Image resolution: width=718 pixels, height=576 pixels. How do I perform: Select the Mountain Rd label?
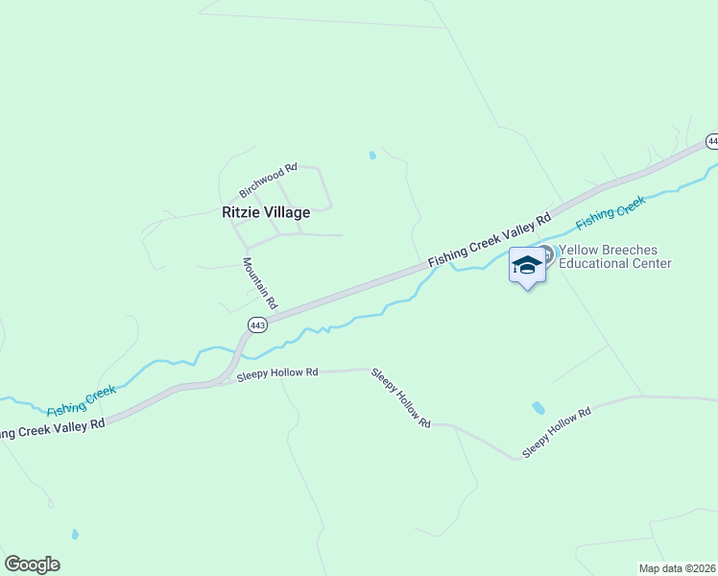tap(259, 282)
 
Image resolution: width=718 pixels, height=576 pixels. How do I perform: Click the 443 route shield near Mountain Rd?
tap(256, 325)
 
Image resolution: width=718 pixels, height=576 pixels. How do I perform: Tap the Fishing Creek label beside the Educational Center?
tap(610, 214)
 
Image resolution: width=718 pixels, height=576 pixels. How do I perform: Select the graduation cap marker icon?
tap(526, 264)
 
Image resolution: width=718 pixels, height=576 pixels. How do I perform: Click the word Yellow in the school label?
tap(580, 251)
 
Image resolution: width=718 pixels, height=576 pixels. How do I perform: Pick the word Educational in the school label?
tap(594, 263)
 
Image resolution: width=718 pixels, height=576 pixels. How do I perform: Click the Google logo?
tap(32, 564)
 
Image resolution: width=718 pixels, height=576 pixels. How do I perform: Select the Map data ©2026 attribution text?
tap(678, 568)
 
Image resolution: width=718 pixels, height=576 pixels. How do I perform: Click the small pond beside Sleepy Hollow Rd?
tap(538, 408)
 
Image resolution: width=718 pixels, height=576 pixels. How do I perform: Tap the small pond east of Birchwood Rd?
tap(371, 155)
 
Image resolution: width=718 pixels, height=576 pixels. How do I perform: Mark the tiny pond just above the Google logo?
tap(75, 534)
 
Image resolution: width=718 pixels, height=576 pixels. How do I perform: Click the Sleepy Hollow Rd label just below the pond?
tap(557, 430)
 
